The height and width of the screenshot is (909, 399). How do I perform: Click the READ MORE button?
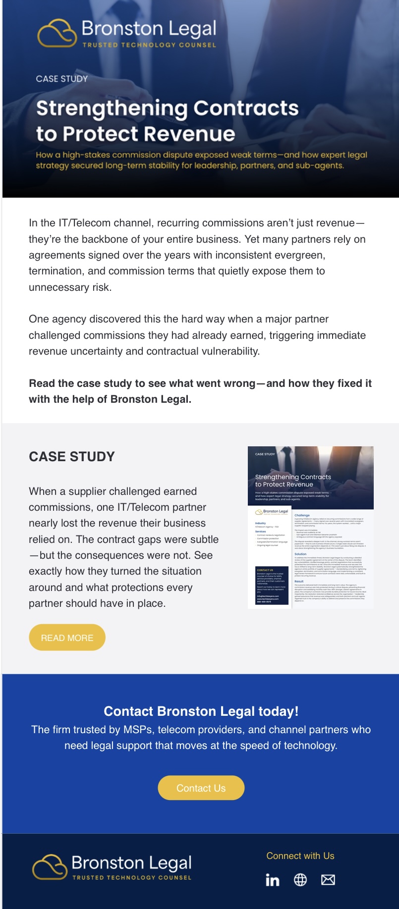[x=67, y=638]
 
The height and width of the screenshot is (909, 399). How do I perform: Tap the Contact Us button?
[x=201, y=788]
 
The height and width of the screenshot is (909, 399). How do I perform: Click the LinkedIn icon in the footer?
[x=273, y=880]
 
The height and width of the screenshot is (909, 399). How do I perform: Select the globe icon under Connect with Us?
[x=300, y=880]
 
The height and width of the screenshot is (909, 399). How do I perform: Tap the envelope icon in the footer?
[x=328, y=880]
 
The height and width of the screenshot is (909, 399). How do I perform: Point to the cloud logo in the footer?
[x=50, y=867]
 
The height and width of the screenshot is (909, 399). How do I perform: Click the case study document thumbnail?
[x=311, y=527]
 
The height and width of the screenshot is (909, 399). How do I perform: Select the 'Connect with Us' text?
[x=300, y=856]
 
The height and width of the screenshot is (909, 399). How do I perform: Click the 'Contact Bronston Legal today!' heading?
[x=201, y=711]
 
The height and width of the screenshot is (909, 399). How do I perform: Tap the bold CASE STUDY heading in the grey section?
[x=72, y=457]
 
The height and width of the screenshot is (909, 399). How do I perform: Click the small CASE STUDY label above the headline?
[x=62, y=79]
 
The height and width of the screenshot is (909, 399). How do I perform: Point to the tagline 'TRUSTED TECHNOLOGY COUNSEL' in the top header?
[x=149, y=45]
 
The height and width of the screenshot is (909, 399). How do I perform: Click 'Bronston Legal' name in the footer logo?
[x=131, y=863]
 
